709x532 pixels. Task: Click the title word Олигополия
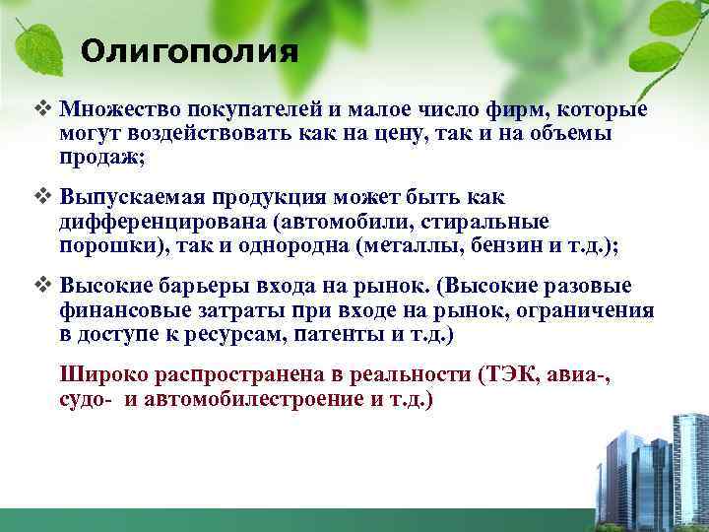point(189,51)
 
